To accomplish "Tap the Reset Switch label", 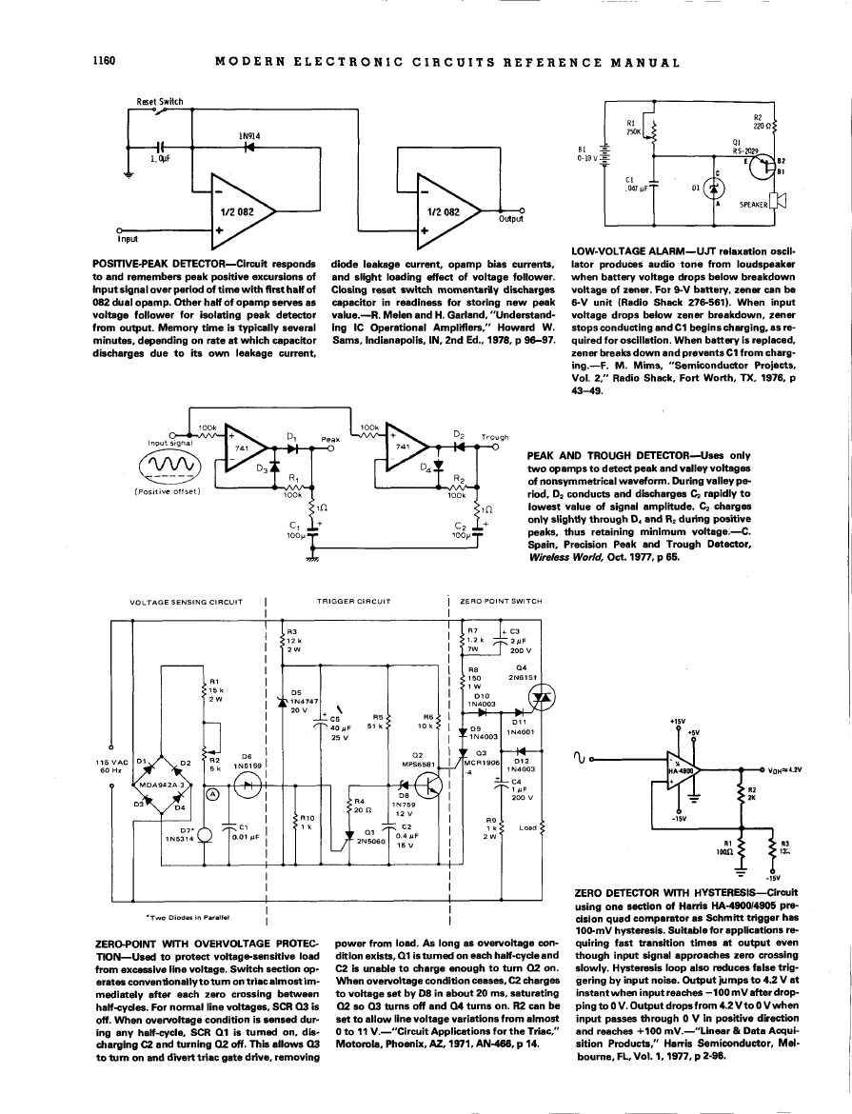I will coord(160,101).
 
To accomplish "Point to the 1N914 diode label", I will coord(250,136).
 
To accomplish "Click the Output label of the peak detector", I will coord(512,218).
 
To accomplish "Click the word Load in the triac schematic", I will coord(525,827).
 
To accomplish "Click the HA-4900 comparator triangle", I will coord(689,769).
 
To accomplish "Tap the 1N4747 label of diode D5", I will coord(303,701).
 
